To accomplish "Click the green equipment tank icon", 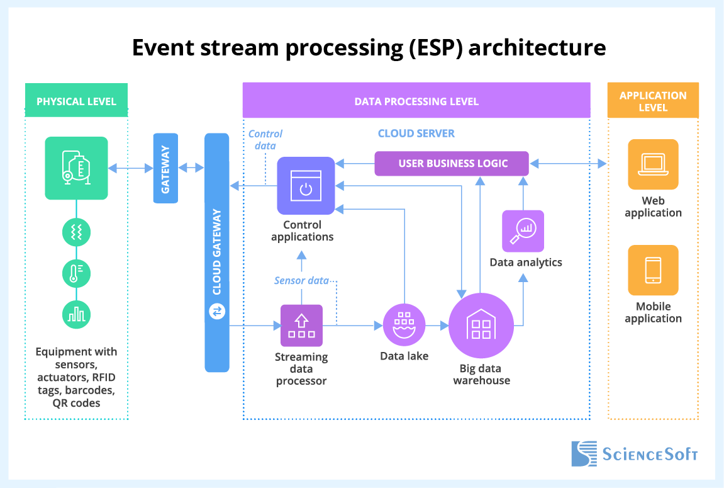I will coord(76,168).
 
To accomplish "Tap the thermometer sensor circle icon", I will coord(76,273).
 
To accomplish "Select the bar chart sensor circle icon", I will coord(76,313).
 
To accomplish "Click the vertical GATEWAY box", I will coord(165,168).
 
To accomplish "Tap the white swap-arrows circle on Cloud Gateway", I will coord(217,312).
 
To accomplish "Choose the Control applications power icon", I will coord(306,186).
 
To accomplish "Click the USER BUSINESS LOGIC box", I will coord(452,164).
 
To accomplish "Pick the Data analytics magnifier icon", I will coord(523,231).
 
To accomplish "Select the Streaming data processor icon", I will coord(301,326).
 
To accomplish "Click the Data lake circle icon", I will coord(404,325).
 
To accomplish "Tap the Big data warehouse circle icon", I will coord(481,325).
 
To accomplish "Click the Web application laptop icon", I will coord(653,164).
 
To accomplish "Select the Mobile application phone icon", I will coord(653,270).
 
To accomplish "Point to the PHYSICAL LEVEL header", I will coord(76,101).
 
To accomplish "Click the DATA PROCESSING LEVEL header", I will coord(416,101).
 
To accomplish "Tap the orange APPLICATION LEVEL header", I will coord(653,101).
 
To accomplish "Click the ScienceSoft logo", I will coord(634,453).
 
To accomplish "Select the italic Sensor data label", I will coord(301,280).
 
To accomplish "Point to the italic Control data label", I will coord(265,139).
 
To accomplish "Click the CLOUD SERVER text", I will coord(416,133).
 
